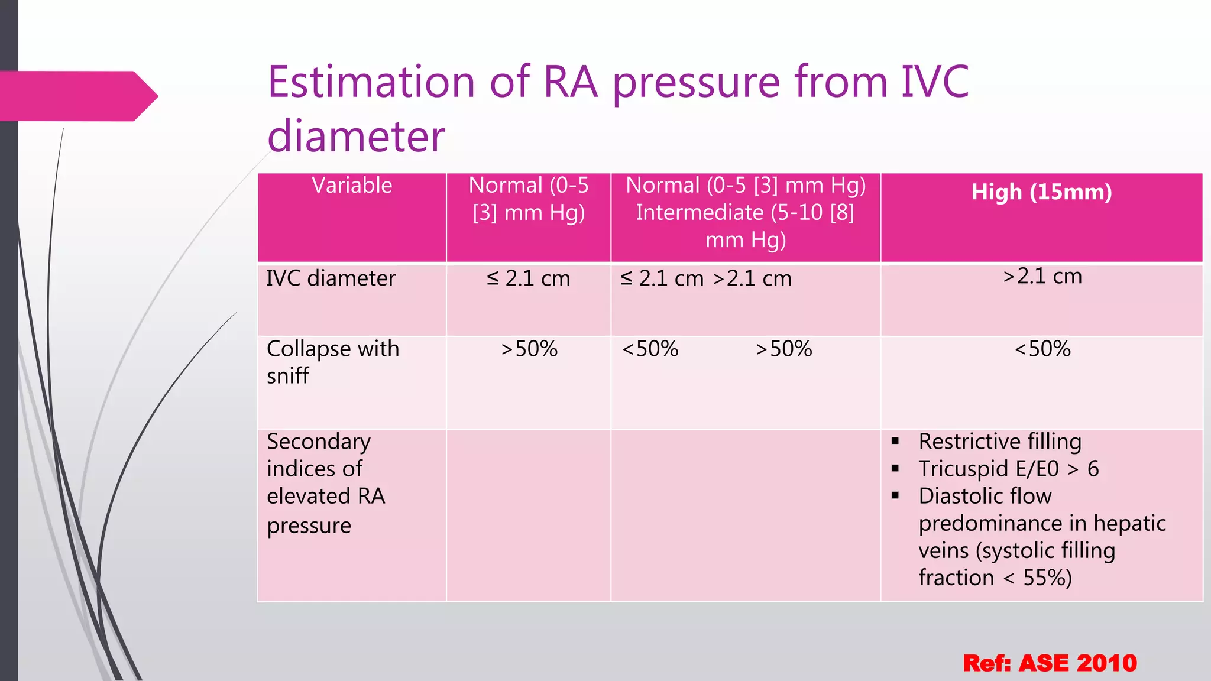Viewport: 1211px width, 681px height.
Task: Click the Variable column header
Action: [352, 186]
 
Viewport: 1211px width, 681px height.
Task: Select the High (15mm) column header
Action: [1041, 192]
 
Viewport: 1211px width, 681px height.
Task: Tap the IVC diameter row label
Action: [331, 278]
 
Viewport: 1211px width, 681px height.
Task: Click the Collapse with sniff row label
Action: [333, 361]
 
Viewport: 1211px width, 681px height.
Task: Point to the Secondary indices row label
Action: [325, 482]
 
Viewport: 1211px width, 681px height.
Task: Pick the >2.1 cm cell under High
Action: [1042, 276]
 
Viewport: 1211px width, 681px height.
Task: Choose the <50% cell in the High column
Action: [1042, 349]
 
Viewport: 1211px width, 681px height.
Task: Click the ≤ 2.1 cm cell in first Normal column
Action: [528, 278]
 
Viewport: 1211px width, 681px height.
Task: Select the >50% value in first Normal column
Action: [529, 349]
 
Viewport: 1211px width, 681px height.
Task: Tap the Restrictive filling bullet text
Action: [999, 442]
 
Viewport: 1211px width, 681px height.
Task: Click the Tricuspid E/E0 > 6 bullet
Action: [1008, 469]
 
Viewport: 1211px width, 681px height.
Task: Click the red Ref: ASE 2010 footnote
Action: [1050, 663]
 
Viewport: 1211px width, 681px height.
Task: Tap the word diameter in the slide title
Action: [356, 137]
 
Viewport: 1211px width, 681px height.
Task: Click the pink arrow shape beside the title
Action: [77, 96]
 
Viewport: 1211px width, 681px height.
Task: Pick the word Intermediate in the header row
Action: [700, 213]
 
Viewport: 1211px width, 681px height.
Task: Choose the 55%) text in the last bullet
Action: [1047, 578]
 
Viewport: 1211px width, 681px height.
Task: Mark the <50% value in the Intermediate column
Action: [650, 349]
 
